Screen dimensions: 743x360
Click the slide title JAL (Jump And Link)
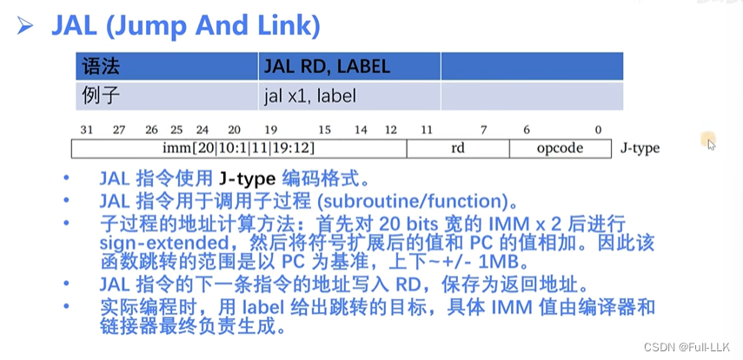tap(185, 24)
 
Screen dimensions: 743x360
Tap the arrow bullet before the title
tap(26, 25)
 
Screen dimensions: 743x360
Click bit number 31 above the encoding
tap(86, 130)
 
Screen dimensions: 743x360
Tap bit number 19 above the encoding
tap(270, 130)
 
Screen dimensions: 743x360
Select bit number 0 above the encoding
tap(598, 130)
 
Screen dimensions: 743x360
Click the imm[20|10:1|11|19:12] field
tap(238, 148)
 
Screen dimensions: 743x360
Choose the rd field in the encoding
tap(458, 148)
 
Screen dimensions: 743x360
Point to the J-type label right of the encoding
tap(640, 148)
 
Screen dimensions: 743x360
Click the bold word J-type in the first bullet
tap(245, 180)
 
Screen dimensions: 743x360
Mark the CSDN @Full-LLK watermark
tap(693, 349)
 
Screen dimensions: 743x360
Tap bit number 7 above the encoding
tap(483, 130)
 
